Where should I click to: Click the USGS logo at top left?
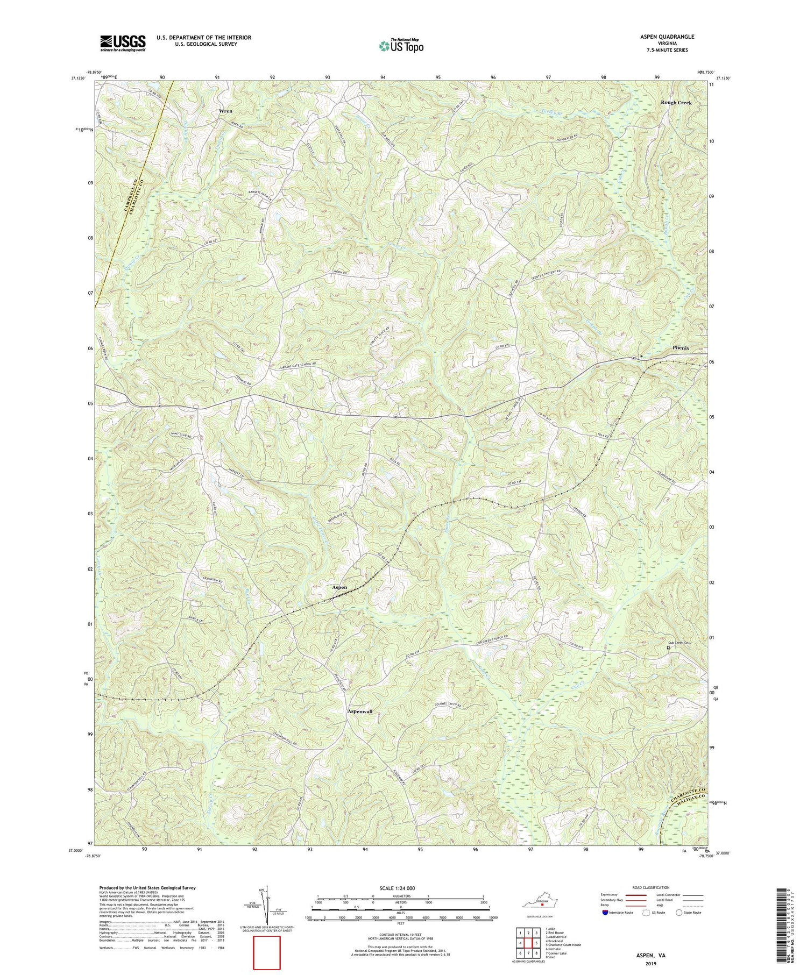pyautogui.click(x=122, y=43)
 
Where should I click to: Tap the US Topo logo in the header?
pyautogui.click(x=400, y=46)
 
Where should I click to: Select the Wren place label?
pyautogui.click(x=225, y=111)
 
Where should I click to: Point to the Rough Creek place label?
pyautogui.click(x=676, y=102)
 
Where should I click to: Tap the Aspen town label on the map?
pyautogui.click(x=339, y=587)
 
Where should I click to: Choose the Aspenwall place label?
pyautogui.click(x=360, y=711)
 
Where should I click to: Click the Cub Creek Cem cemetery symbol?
pyautogui.click(x=669, y=648)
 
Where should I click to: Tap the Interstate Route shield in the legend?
pyautogui.click(x=605, y=913)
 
